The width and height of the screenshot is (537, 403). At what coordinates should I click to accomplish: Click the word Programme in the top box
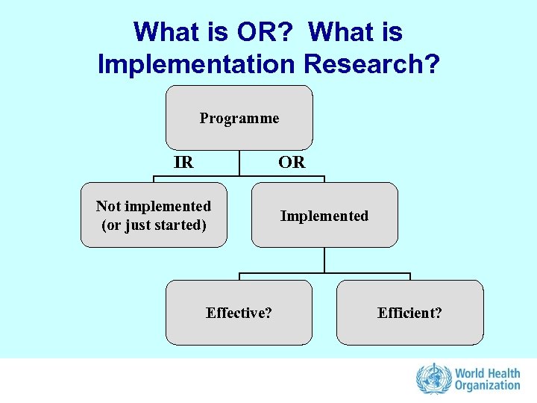[x=239, y=118]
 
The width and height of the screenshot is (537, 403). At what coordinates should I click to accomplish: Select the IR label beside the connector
[x=183, y=162]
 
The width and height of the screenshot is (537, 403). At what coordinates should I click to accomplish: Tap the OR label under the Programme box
[x=292, y=162]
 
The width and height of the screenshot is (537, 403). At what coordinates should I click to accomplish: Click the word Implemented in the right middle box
[x=324, y=216]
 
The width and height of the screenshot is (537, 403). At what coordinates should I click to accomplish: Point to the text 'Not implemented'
[x=154, y=206]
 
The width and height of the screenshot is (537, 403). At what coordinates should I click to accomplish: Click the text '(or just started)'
[x=154, y=224]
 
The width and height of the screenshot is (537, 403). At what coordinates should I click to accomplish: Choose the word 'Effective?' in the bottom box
[x=239, y=313]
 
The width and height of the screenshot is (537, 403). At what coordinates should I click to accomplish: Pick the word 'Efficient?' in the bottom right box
[x=409, y=313]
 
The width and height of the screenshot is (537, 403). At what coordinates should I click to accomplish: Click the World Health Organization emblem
[x=432, y=378]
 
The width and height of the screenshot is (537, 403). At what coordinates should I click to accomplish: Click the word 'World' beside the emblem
[x=470, y=372]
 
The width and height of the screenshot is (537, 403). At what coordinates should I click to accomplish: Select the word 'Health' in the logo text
[x=505, y=372]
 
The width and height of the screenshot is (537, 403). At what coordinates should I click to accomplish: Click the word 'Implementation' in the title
[x=196, y=64]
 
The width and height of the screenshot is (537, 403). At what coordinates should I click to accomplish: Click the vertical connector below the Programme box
[x=239, y=163]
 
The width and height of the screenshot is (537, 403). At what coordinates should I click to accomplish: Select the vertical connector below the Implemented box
[x=324, y=260]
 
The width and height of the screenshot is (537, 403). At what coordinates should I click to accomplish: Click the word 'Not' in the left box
[x=109, y=206]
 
